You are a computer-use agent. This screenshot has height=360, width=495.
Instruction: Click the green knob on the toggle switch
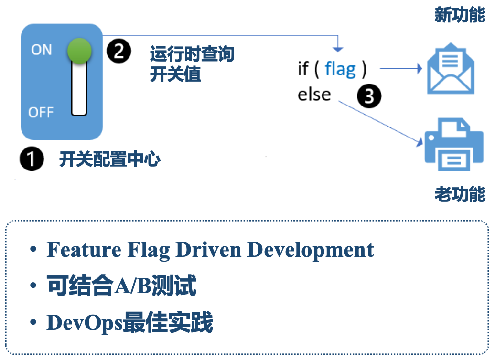click(x=79, y=51)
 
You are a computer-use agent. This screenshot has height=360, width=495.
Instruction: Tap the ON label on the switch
click(x=42, y=50)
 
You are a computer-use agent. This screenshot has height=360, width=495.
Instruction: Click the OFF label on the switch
click(x=41, y=112)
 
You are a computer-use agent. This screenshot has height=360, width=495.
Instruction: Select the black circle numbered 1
click(x=32, y=159)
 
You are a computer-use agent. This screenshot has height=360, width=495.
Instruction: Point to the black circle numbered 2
click(x=118, y=51)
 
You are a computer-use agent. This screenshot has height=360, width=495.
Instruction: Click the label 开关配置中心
click(x=109, y=159)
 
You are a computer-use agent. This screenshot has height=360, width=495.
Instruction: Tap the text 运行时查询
click(x=192, y=54)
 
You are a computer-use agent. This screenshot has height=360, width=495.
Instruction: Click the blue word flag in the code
click(x=340, y=69)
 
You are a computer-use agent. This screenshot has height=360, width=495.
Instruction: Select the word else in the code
click(x=314, y=94)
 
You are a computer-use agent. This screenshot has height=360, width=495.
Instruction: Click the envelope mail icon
click(x=451, y=69)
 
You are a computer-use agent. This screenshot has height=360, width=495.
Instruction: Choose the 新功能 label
click(x=460, y=15)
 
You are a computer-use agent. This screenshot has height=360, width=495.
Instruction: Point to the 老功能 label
click(x=460, y=194)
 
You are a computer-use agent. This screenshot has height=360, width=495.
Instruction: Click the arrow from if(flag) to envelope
click(x=400, y=69)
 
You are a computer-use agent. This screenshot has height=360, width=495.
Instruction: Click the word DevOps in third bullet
click(x=84, y=323)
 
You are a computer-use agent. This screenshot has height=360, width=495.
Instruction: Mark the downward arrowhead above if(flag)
click(x=338, y=48)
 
